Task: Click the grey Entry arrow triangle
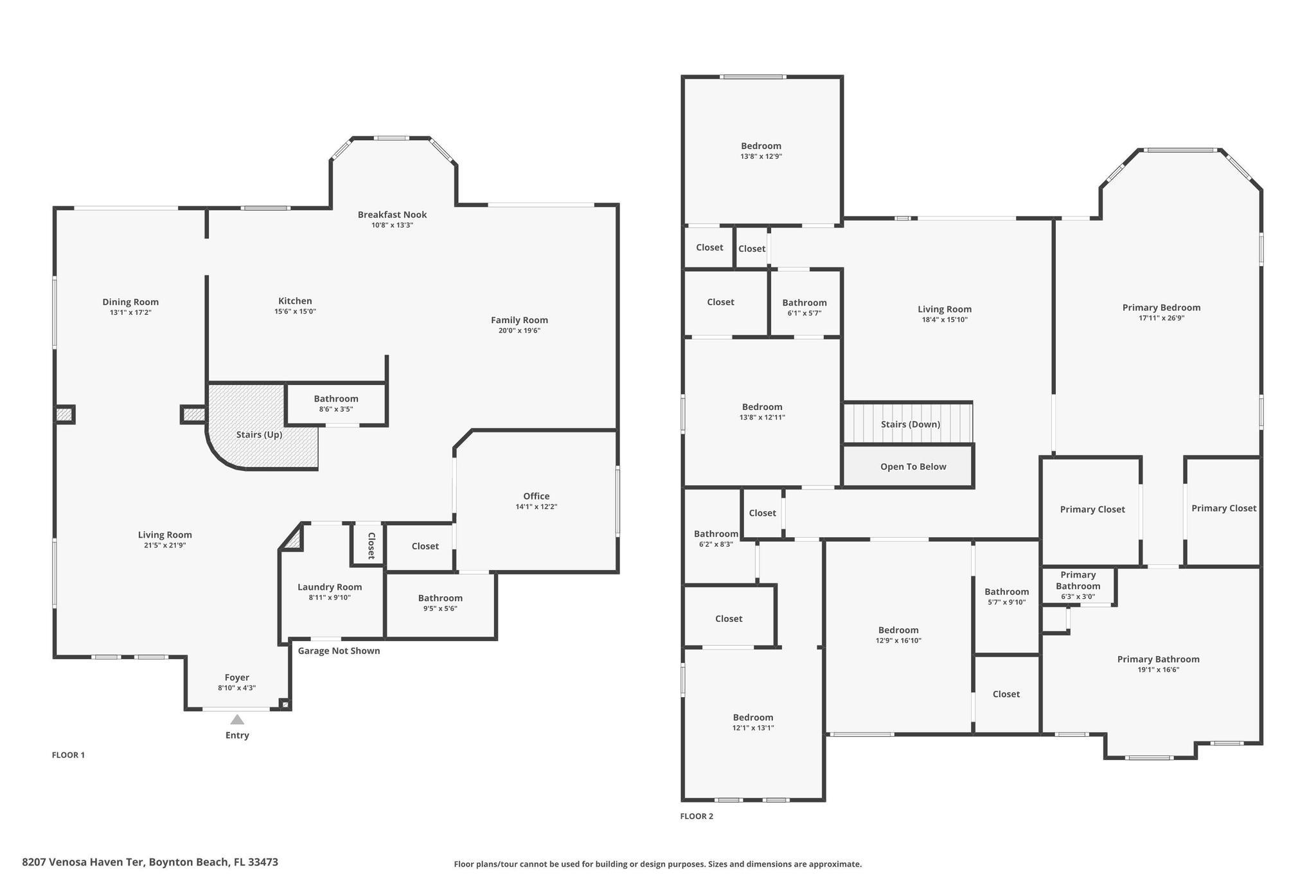[x=237, y=720]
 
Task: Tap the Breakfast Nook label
[x=392, y=215]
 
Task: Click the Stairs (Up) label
[x=259, y=435]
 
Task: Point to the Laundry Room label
[x=330, y=587]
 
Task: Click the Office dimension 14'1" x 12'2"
[x=536, y=507]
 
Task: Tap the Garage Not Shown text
[x=339, y=651]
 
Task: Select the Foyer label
[x=237, y=678]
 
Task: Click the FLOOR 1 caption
[x=68, y=755]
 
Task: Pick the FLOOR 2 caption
[x=697, y=817]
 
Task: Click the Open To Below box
[x=909, y=466]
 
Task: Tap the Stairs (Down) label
[x=911, y=425]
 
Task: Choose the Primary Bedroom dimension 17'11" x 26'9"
[x=1161, y=318]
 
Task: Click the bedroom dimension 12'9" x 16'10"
[x=898, y=641]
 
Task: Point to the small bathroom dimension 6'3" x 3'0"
[x=1078, y=597]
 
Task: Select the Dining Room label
[x=130, y=302]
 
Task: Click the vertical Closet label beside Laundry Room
[x=371, y=545]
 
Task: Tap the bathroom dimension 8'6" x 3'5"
[x=336, y=409]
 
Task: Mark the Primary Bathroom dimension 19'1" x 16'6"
[x=1158, y=670]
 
